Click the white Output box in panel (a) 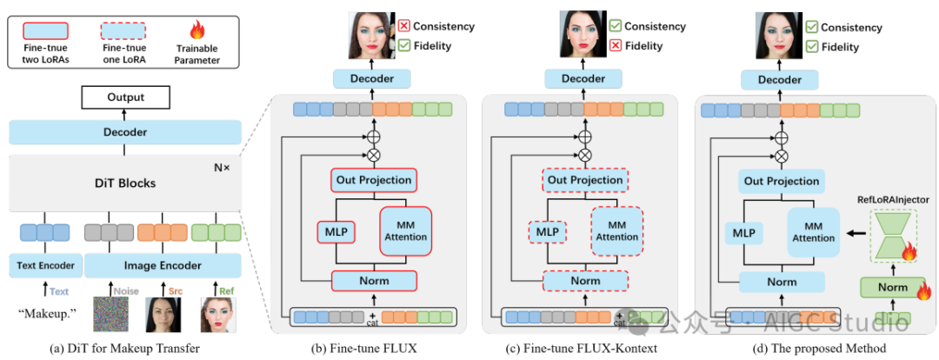click(x=126, y=97)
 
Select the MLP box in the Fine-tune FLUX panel click(x=334, y=233)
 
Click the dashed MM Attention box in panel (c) click(x=616, y=230)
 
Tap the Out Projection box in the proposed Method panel click(x=782, y=181)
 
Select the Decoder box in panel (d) click(x=779, y=80)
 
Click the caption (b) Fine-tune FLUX click(x=363, y=349)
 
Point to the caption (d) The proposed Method click(x=796, y=349)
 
